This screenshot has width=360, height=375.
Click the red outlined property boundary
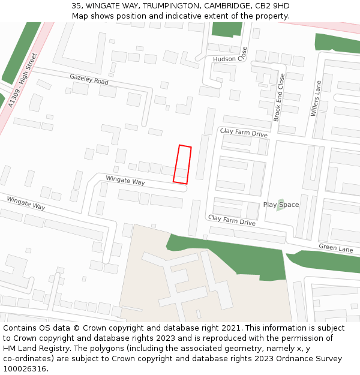click(182, 164)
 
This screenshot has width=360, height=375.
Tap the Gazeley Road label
click(89, 80)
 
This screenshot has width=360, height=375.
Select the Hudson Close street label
click(230, 59)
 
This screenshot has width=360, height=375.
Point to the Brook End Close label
click(279, 97)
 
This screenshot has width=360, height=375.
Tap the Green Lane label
click(336, 247)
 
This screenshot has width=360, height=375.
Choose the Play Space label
click(281, 205)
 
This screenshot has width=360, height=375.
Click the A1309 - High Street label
click(23, 80)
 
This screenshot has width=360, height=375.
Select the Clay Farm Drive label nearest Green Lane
click(232, 220)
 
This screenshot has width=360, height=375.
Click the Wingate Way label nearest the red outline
click(125, 181)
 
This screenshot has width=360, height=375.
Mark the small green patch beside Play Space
click(280, 205)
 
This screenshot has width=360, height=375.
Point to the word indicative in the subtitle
click(187, 16)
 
